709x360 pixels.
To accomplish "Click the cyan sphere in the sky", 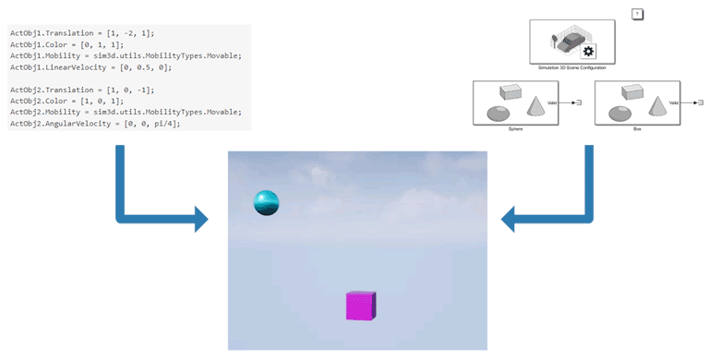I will (266, 202).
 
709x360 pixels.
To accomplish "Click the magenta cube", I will (360, 306).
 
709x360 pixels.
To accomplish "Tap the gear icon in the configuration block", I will (588, 51).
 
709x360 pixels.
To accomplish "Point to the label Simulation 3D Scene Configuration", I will (572, 67).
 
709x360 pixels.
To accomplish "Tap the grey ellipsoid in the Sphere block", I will (498, 113).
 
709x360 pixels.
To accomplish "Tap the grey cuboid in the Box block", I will (631, 91).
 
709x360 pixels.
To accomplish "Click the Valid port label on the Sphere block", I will (552, 102).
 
